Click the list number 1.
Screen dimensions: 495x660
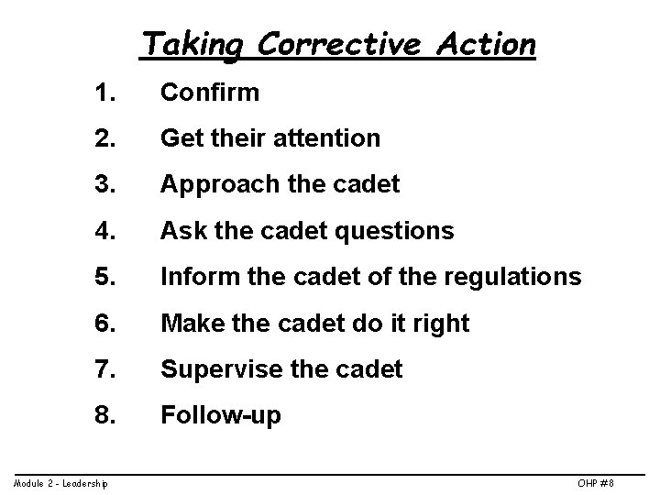(x=104, y=93)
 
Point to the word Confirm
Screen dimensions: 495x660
(x=210, y=93)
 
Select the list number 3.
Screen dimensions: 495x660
(x=104, y=185)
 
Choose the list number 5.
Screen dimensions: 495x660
(x=104, y=277)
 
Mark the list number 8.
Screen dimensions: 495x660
(x=104, y=415)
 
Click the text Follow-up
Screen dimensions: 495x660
(x=221, y=416)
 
